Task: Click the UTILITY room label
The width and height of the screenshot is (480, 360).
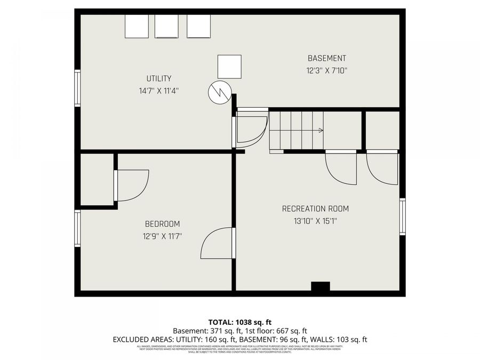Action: click(159, 79)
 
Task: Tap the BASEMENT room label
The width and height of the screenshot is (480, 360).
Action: click(327, 58)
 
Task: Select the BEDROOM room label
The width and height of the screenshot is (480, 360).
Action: click(162, 224)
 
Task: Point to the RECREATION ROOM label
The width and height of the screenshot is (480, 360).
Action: click(315, 209)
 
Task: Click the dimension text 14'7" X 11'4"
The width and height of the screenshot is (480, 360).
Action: click(159, 91)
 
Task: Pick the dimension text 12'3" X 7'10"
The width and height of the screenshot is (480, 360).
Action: click(327, 70)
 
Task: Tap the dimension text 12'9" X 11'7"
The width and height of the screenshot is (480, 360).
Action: click(162, 236)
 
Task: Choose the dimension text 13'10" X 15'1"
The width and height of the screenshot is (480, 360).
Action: click(315, 221)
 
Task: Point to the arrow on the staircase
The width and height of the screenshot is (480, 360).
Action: click(321, 130)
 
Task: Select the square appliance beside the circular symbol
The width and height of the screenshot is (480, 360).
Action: click(229, 67)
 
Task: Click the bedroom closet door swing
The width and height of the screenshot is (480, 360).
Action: click(131, 185)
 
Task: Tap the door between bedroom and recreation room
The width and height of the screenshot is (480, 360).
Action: click(217, 244)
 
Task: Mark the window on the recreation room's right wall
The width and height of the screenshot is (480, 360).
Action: click(403, 217)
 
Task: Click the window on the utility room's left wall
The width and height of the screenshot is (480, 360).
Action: click(77, 89)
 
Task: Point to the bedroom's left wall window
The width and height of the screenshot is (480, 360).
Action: click(77, 228)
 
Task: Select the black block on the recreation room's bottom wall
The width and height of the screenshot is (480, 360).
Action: click(321, 286)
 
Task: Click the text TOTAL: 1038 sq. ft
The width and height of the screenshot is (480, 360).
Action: click(240, 322)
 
